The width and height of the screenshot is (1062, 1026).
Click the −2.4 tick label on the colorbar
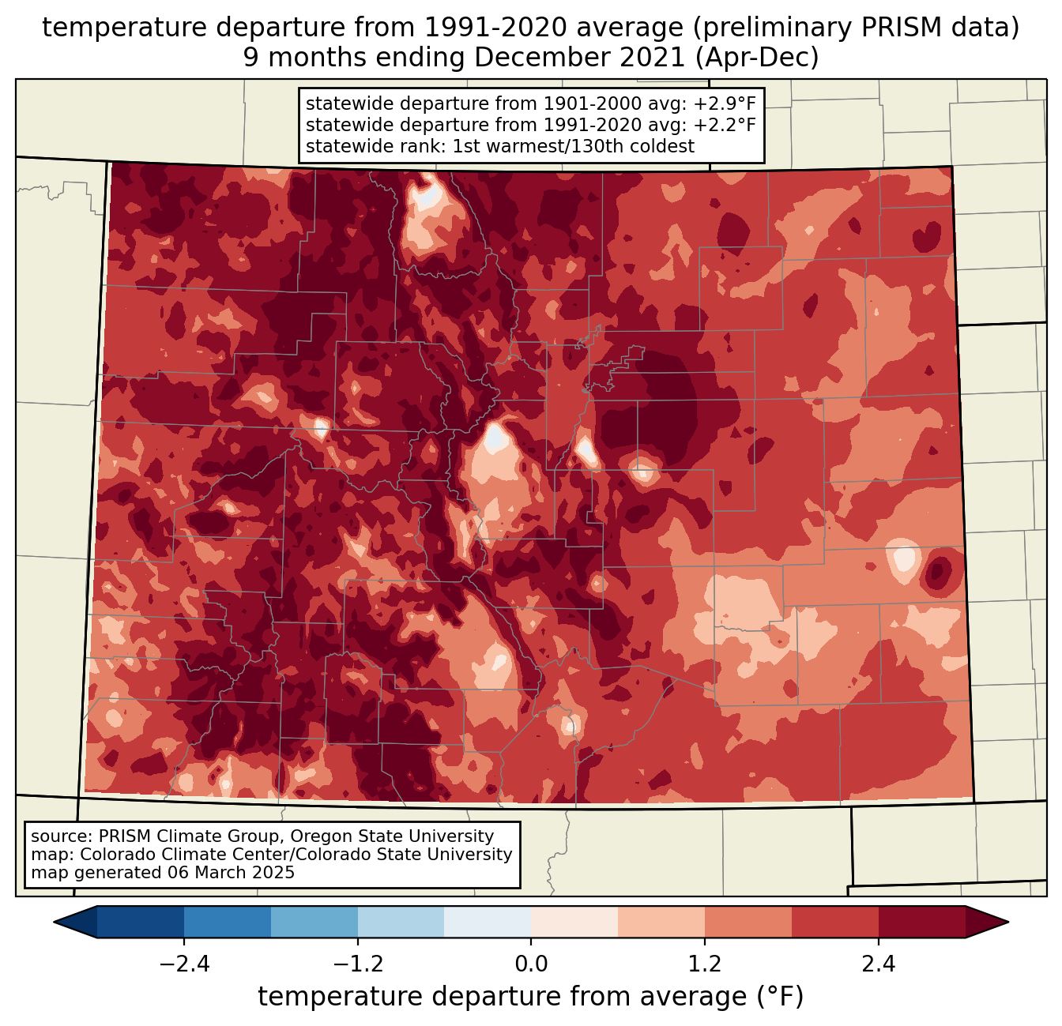point(183,964)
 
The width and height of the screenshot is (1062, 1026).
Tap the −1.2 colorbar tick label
point(357,964)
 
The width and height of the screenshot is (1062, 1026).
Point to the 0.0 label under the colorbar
point(531,964)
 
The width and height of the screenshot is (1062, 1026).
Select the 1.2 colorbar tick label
point(705,964)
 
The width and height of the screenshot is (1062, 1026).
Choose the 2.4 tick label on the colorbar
point(879,964)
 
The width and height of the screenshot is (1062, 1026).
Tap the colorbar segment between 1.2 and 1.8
point(748,922)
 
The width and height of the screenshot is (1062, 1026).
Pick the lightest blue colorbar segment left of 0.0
point(488,922)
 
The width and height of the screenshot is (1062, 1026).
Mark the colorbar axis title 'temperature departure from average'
point(503,997)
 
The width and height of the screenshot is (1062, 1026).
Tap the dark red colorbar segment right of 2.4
point(922,922)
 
